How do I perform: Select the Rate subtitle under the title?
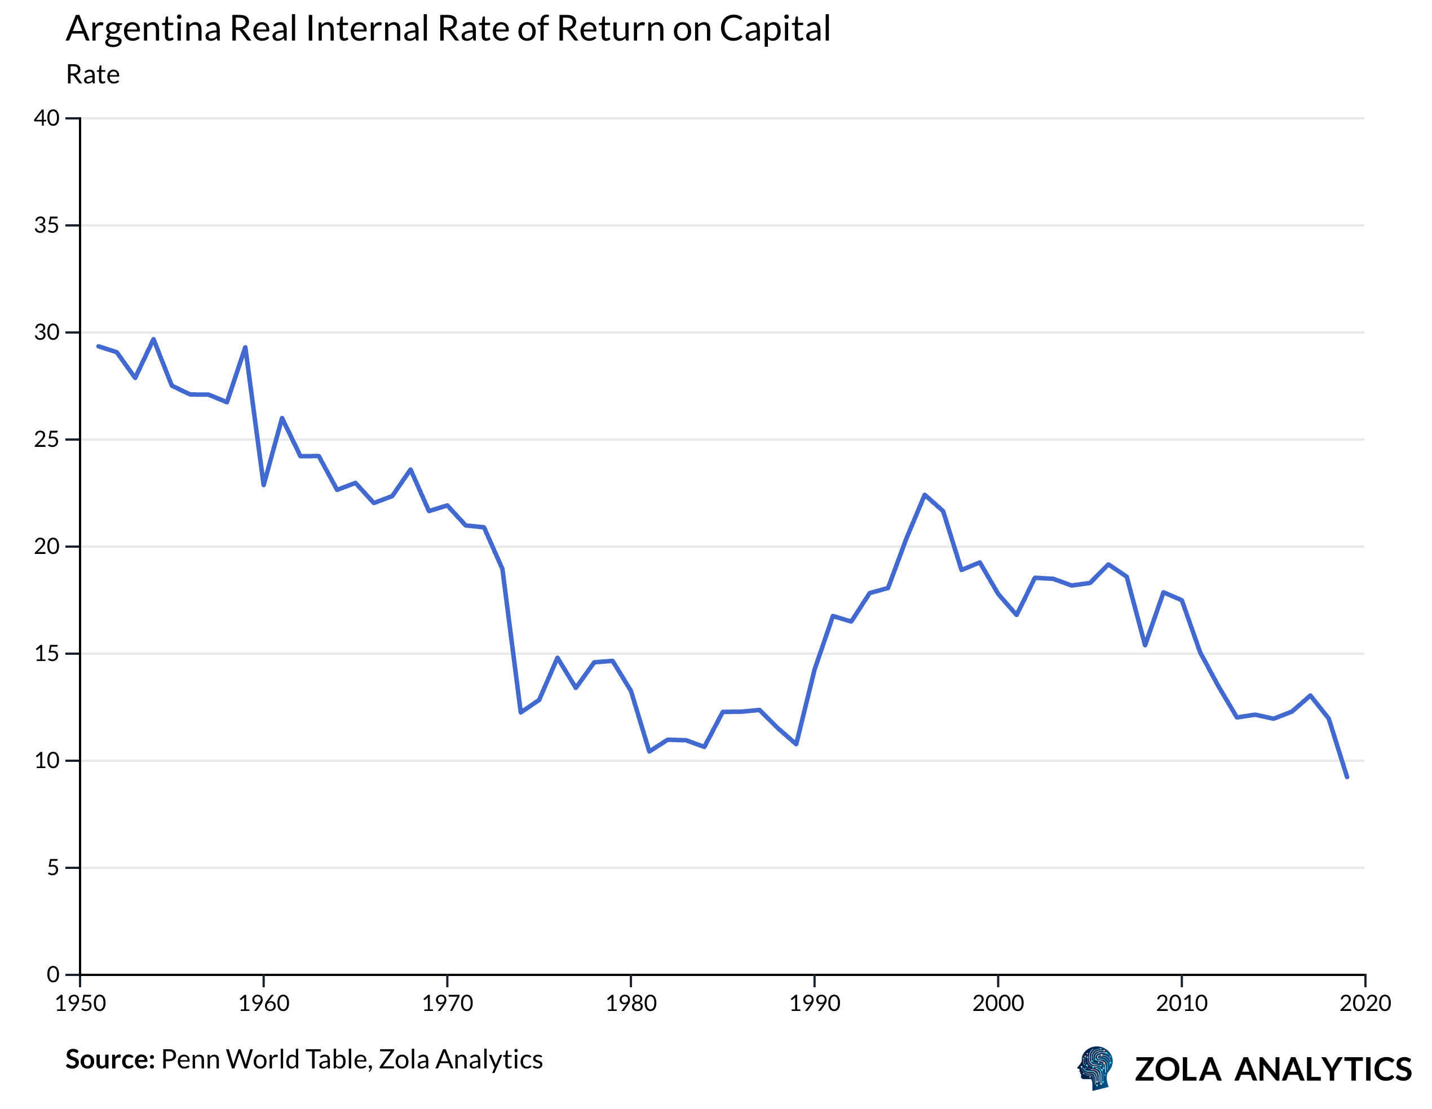[92, 75]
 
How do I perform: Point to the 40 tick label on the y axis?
[47, 119]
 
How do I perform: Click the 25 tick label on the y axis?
[47, 439]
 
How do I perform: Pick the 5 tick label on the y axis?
[52, 868]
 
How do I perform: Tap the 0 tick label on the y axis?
[52, 975]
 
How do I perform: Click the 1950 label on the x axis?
[80, 1004]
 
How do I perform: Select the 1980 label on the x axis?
[631, 1004]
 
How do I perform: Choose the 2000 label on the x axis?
[998, 1004]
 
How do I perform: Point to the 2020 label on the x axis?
[1365, 1004]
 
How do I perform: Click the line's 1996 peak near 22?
[925, 495]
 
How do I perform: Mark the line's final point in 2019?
[1347, 777]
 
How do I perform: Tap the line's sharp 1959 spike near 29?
[245, 347]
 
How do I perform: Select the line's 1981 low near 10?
[649, 751]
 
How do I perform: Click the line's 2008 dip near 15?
[1145, 646]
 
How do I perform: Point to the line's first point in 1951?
[98, 346]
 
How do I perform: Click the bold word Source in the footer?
[109, 1060]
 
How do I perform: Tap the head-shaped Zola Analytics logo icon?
[1095, 1068]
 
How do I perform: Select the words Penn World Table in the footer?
[266, 1060]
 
